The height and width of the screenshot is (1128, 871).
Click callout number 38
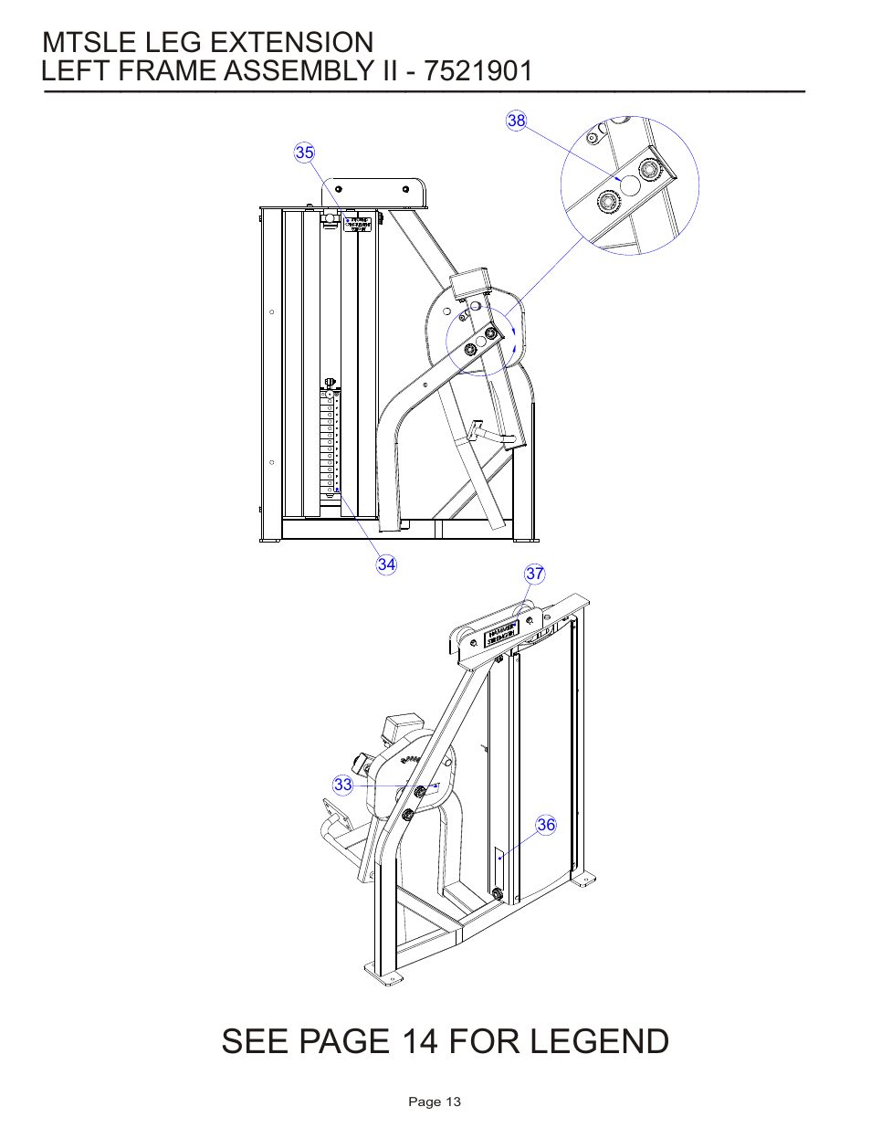coord(517,121)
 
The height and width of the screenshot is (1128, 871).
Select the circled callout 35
coord(304,153)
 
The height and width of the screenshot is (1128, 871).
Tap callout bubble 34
coord(386,564)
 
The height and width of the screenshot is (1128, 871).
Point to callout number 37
coord(535,574)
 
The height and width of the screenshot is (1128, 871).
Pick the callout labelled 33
coord(342,785)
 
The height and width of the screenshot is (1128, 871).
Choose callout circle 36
coord(546,825)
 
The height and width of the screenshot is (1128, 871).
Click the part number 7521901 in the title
coord(478,71)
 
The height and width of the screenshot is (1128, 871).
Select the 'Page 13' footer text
coord(435,1102)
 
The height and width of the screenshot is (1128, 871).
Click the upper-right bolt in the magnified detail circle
coord(649,170)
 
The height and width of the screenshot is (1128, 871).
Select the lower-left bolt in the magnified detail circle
coord(607,201)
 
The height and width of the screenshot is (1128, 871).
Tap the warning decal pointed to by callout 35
coord(359,224)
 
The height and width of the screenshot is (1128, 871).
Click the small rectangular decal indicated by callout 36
coord(499,858)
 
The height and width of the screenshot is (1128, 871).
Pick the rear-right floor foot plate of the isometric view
coord(584,879)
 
